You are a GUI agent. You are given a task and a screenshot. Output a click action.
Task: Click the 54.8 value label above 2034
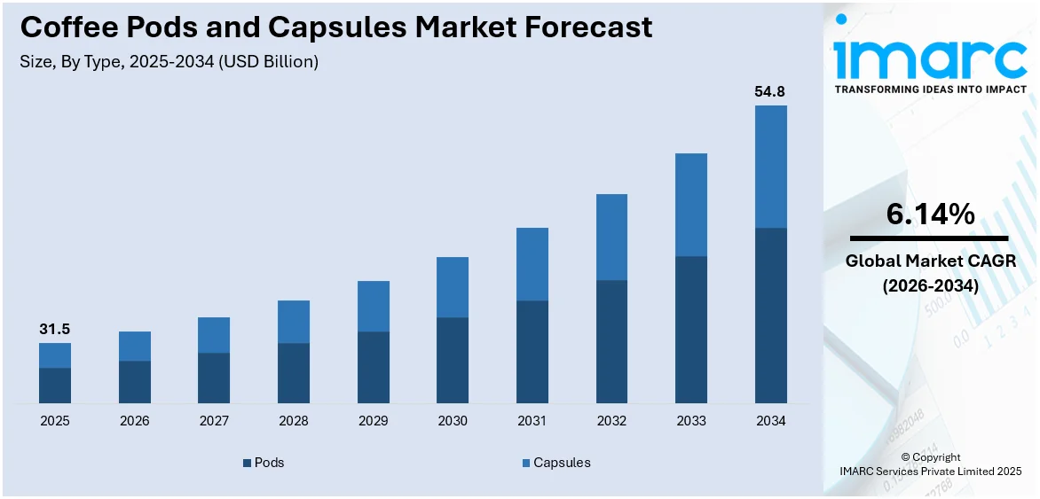(x=770, y=91)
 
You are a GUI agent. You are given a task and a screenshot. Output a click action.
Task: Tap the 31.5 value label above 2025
(x=54, y=329)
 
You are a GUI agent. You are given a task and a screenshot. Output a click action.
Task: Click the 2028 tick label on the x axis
(x=293, y=421)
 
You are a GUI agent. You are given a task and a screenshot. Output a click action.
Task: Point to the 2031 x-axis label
(x=532, y=421)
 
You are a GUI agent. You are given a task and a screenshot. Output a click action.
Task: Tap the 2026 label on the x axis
(x=134, y=421)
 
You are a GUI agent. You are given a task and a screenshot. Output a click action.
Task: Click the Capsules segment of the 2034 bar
(x=770, y=167)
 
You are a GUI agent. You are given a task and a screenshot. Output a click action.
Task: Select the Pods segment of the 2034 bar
(x=770, y=315)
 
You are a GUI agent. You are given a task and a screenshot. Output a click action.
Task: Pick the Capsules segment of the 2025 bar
(x=54, y=355)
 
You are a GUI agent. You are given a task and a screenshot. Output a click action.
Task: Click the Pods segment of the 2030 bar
(x=453, y=360)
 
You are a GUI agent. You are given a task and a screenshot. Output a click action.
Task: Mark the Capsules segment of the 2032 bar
(x=611, y=237)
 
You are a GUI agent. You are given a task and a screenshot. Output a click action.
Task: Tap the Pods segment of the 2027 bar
(x=214, y=378)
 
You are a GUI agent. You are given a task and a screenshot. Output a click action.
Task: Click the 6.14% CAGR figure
(x=929, y=214)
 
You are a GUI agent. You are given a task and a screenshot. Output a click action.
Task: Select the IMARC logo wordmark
(x=929, y=57)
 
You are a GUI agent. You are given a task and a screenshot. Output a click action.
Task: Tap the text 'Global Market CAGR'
(x=929, y=261)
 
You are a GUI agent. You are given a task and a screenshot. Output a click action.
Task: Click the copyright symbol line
(x=930, y=457)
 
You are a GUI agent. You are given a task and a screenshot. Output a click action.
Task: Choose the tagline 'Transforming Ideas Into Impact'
(x=929, y=90)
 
